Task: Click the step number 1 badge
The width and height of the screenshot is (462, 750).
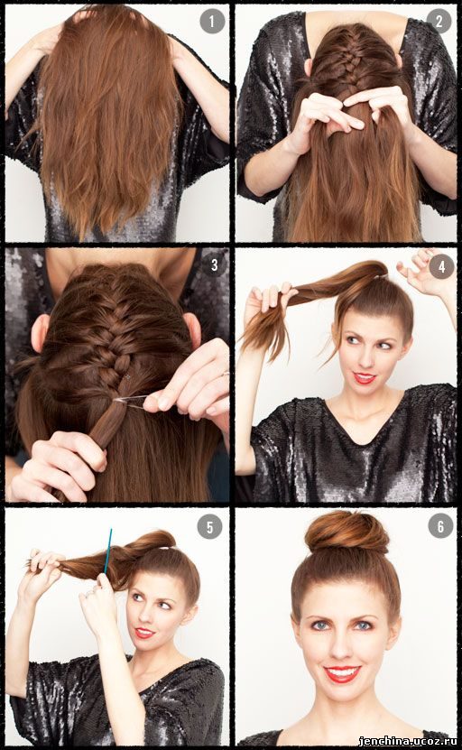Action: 212,22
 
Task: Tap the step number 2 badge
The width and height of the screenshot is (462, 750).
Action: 439,21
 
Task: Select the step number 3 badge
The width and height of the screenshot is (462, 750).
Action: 214,264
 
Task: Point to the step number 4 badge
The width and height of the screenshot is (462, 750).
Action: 441,266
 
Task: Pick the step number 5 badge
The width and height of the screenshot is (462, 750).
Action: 210,527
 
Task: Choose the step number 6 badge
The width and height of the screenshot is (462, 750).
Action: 440,526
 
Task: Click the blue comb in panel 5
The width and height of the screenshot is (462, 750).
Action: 108,551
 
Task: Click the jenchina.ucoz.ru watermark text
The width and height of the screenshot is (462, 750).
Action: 407,741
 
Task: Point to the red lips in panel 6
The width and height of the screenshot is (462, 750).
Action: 342,674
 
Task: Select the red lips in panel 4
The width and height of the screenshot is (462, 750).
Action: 364,378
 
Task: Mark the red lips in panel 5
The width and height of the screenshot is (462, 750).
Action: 144,633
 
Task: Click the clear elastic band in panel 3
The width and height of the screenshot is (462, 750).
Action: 130,402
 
